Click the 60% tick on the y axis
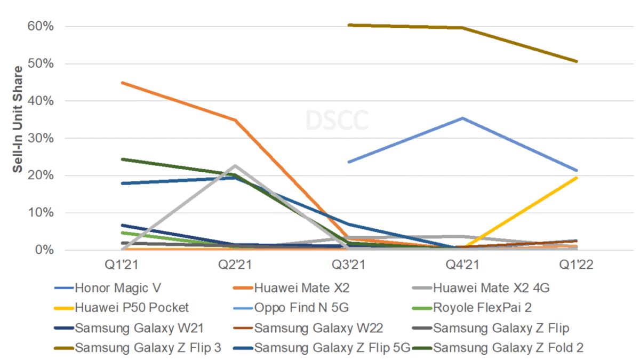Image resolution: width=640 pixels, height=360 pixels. point(41,26)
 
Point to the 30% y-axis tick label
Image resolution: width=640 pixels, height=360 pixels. point(41,138)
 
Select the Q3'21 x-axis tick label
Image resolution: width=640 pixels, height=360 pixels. point(349,265)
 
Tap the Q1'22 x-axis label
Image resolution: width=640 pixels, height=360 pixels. point(576,265)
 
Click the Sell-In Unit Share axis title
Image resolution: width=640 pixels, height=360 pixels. point(18,119)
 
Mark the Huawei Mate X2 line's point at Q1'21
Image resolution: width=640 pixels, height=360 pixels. point(123,83)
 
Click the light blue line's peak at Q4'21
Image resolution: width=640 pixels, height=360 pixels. point(462,118)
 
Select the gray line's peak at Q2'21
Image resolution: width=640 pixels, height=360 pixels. point(235,166)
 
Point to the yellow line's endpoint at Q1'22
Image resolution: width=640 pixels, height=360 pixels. point(576,178)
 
